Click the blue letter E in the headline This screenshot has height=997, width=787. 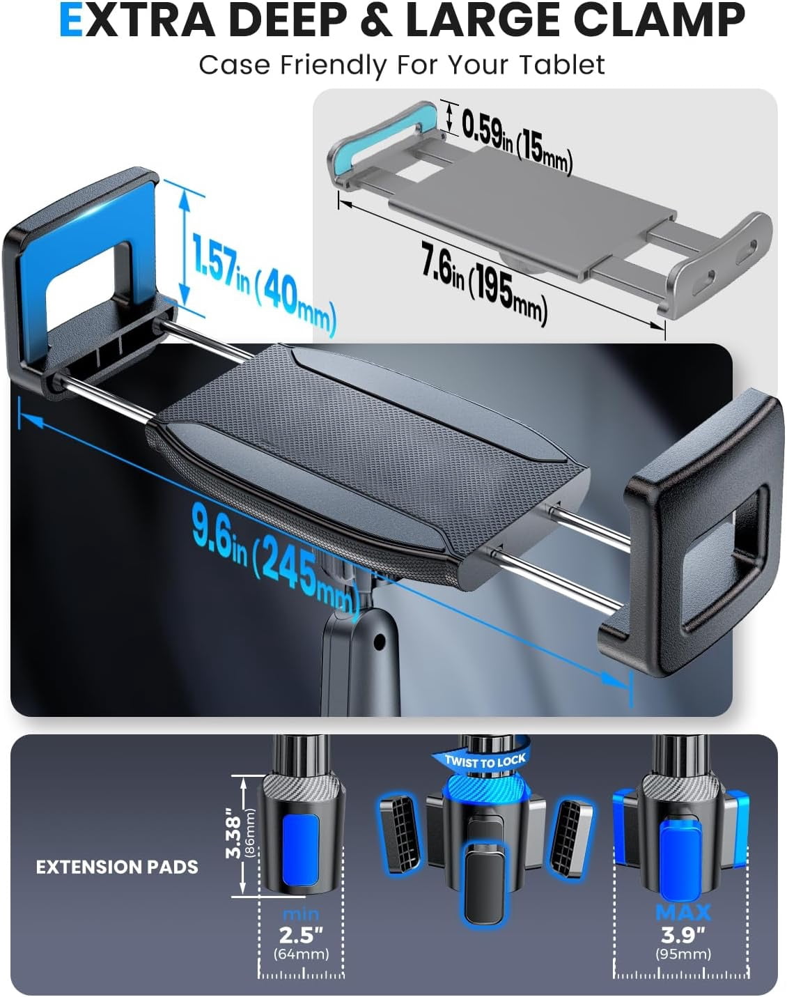pos(71,21)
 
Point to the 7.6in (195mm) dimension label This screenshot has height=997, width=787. pos(485,283)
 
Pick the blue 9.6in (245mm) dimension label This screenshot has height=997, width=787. pos(276,563)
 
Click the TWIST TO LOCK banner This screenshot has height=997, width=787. pos(485,760)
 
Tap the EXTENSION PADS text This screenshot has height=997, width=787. pos(117,867)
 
